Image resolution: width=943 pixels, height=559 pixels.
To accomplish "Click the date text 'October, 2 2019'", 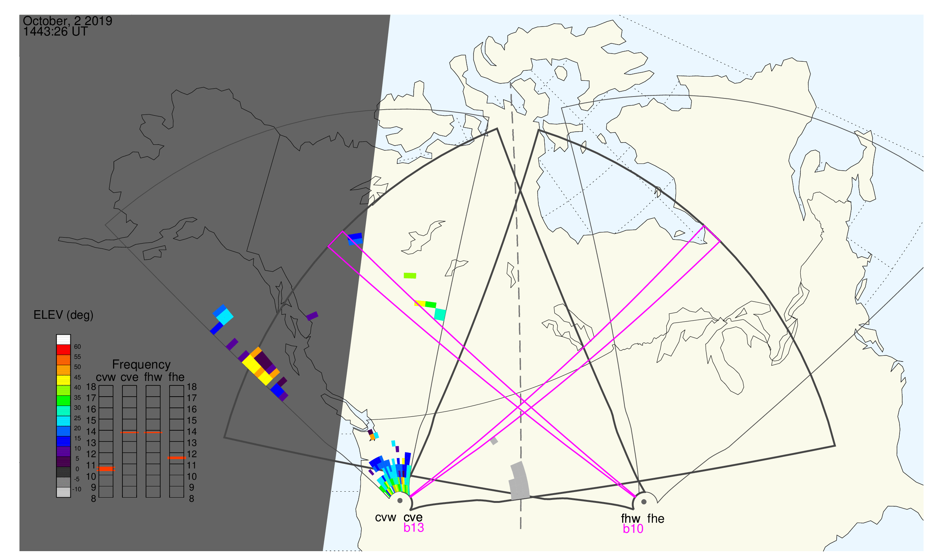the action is pos(67,21).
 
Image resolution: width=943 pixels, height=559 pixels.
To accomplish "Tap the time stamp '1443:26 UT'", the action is pos(55,32).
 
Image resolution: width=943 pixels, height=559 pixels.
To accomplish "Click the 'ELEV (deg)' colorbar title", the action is pos(63,315).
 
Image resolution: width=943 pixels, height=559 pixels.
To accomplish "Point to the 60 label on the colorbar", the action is pos(77,347).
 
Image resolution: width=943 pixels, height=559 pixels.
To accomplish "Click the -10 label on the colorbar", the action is pos(76,490).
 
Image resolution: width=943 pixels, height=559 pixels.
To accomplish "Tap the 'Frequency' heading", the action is pos(142,365).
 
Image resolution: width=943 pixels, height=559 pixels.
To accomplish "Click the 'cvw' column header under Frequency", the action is pos(106,378).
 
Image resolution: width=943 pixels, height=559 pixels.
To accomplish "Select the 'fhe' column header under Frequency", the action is pos(176,377).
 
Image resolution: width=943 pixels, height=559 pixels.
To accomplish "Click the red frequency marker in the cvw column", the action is pos(106,469).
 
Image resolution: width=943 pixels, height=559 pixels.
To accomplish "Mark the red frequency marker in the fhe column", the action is pos(177,458).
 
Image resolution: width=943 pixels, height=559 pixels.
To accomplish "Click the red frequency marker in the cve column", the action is pos(130,433).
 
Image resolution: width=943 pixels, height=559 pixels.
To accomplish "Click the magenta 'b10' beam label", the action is pos(633,529).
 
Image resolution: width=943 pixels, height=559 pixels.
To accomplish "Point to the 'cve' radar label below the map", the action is pos(413,517).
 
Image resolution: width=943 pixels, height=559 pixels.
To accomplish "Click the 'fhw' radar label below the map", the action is pos(630,519).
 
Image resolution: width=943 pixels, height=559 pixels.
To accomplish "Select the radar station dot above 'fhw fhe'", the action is pos(644,502).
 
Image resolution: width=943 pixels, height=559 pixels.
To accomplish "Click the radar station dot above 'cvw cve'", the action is pos(400,501).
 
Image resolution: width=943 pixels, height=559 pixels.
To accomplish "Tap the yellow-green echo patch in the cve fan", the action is pos(410,276).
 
